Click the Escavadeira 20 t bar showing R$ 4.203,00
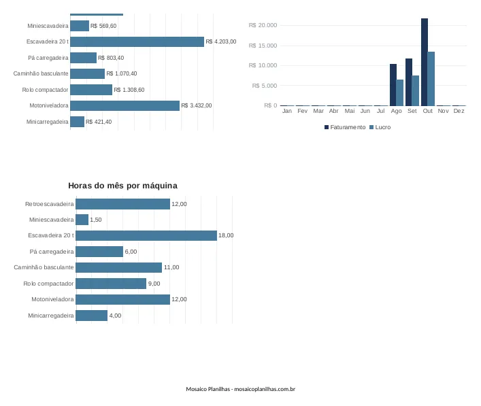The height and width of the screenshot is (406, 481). pos(137,41)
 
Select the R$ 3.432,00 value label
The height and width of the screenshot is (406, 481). pos(197,105)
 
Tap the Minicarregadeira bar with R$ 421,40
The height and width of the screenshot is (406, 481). pos(78,122)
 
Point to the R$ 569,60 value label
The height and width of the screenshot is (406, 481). pos(103,26)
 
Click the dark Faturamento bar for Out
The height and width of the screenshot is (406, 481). pos(425,62)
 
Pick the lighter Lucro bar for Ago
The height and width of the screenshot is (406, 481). pos(400,92)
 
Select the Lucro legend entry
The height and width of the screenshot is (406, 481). pos(380,127)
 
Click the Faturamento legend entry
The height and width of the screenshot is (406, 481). pos(345,127)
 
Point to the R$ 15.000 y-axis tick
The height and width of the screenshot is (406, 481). pos(263,46)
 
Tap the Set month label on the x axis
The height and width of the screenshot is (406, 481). pos(412,111)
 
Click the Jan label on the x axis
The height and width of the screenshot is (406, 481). pos(287,111)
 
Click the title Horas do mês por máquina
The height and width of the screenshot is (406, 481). pos(122,186)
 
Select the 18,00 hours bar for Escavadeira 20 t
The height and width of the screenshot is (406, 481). pos(146,235)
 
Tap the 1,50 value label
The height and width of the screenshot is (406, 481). pos(96,220)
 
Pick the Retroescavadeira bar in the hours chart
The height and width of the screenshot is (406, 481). pos(122,204)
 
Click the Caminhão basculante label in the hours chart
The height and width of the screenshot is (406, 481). pos(44,267)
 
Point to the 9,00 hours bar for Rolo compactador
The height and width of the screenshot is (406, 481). pos(111,284)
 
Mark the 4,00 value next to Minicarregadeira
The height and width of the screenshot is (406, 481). pos(116,316)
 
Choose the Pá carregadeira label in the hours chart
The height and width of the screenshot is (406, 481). pos(52,252)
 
